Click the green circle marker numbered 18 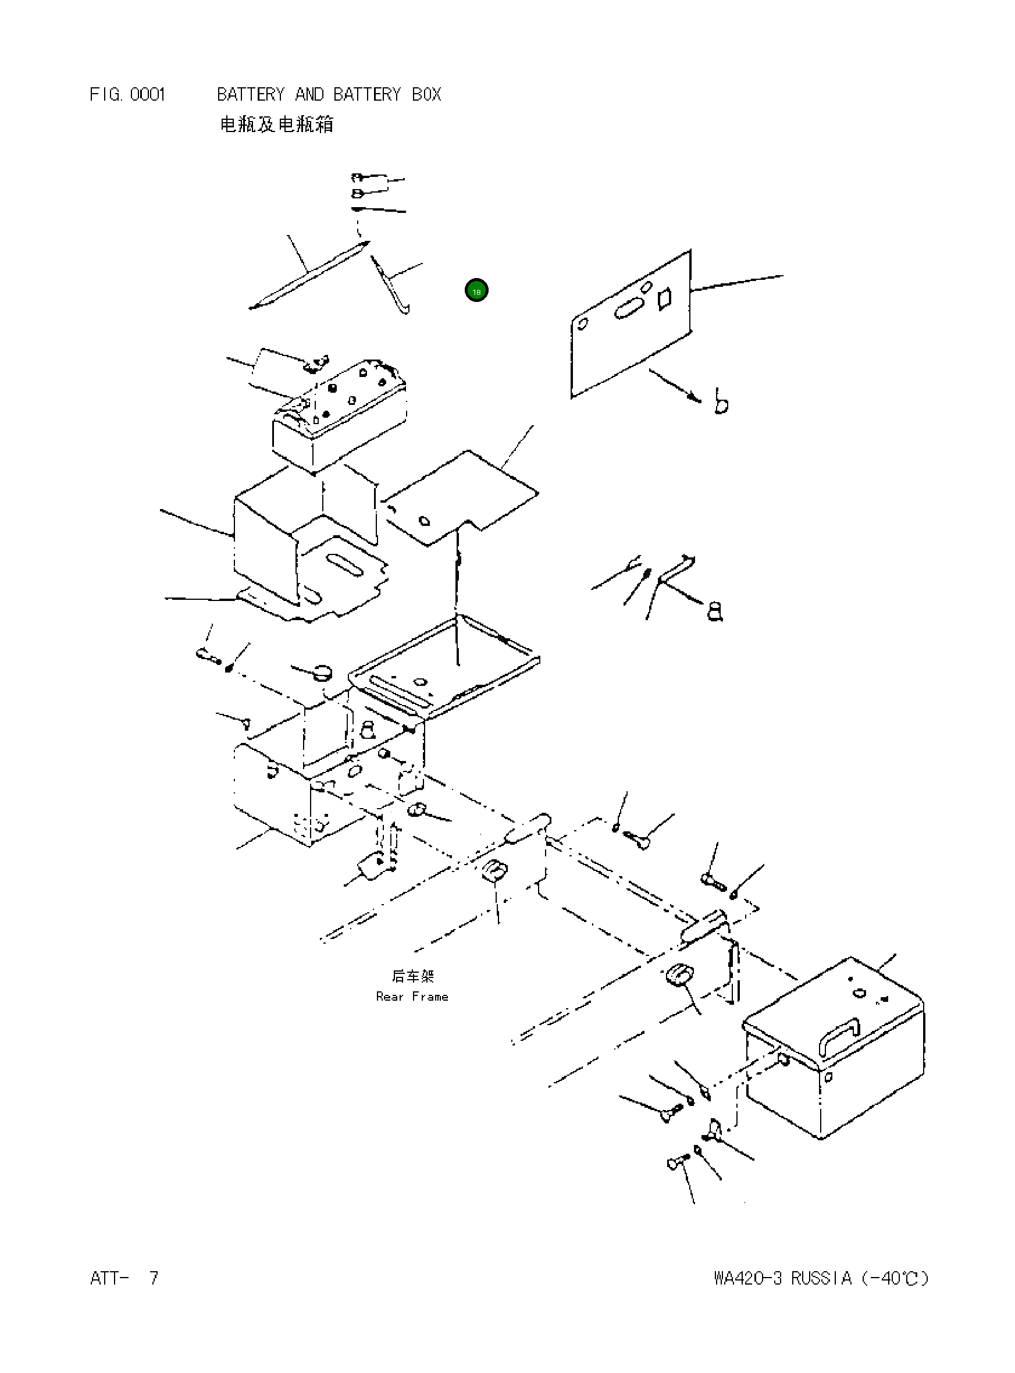(x=476, y=290)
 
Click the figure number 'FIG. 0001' (x=127, y=95)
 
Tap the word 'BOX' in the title (x=426, y=95)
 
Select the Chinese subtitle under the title (x=276, y=125)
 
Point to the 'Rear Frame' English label (x=412, y=997)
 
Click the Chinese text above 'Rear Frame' (x=413, y=976)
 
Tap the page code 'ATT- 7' (x=124, y=1278)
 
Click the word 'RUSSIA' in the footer (x=821, y=1278)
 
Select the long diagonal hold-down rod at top (x=309, y=275)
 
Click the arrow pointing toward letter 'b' (x=675, y=385)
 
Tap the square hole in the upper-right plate (x=664, y=298)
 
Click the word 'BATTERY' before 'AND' (x=251, y=95)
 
